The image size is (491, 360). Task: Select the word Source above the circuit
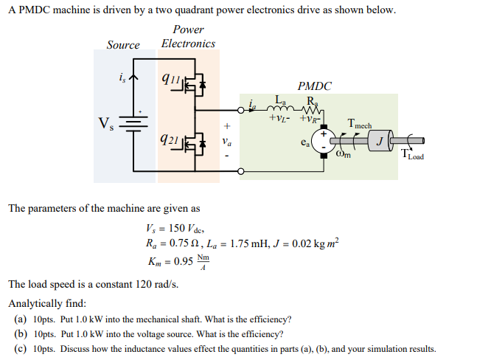pos(123,45)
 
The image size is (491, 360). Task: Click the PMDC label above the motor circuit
pos(314,86)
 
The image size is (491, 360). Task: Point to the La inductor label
pos(279,100)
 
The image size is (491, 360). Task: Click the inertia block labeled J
pos(378,141)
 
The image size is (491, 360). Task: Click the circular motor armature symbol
pos(323,141)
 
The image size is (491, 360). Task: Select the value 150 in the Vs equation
pos(176,229)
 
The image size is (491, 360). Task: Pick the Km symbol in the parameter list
pos(155,261)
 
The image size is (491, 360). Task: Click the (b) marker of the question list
pos(21,334)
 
